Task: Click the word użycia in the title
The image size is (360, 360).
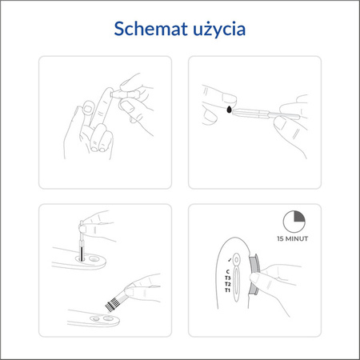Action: click(217, 30)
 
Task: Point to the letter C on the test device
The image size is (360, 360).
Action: click(229, 272)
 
